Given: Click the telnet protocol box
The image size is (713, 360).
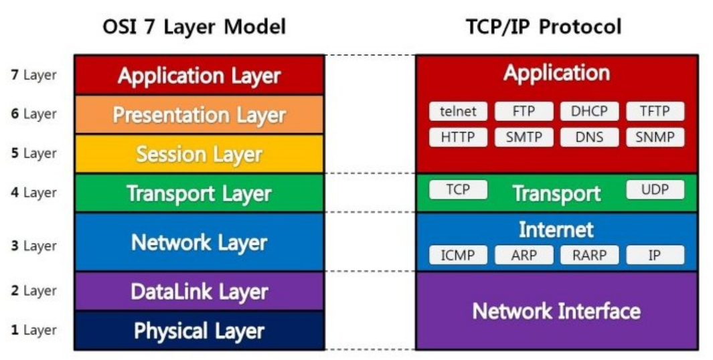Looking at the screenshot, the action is click(458, 112).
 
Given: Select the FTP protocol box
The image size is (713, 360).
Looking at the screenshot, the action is click(524, 112).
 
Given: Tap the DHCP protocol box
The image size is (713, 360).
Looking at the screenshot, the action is click(589, 112).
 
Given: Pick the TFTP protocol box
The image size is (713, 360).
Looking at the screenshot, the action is click(655, 112).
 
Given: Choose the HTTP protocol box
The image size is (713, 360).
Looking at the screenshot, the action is click(458, 137).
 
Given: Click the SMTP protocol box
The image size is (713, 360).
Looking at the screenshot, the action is click(524, 137).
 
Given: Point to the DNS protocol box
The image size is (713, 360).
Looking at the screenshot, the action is click(589, 137).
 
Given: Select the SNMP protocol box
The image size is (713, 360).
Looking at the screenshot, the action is click(655, 137).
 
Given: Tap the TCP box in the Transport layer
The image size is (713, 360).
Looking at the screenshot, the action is click(458, 189).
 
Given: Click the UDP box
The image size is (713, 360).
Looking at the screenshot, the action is click(655, 189).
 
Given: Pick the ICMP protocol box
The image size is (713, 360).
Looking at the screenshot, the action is click(458, 255).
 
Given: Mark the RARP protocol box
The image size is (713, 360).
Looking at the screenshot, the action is click(589, 255).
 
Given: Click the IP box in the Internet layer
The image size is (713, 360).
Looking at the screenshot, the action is click(655, 255).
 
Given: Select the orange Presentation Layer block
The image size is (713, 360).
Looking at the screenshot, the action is click(199, 114).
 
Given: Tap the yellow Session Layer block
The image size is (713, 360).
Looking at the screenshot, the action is click(199, 154).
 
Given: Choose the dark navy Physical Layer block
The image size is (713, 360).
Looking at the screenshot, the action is click(199, 331).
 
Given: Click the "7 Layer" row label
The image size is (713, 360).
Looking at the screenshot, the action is click(33, 75).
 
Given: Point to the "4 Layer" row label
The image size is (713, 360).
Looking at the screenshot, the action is click(33, 193).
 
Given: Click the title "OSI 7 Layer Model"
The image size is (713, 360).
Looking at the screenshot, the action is click(194, 27).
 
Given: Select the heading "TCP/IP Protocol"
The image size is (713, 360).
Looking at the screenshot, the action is click(544, 27).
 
